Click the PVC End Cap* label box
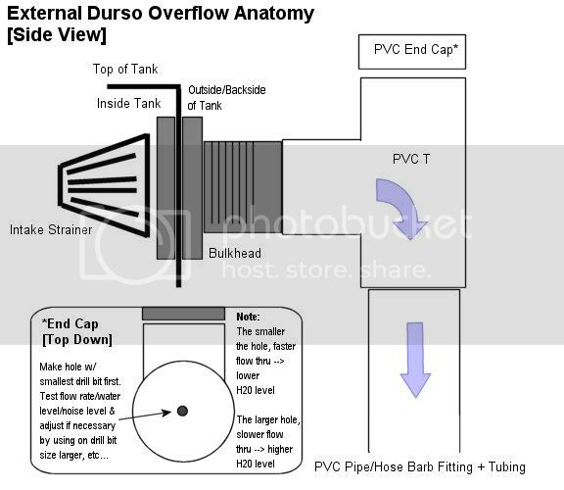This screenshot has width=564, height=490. click(x=412, y=52)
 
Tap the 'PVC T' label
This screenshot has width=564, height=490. click(x=411, y=159)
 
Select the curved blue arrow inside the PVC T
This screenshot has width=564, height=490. click(x=399, y=204)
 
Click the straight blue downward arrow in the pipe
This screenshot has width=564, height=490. click(x=415, y=360)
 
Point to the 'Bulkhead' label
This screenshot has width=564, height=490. click(x=235, y=253)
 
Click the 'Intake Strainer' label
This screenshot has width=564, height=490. click(x=51, y=229)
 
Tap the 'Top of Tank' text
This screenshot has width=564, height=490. click(x=125, y=69)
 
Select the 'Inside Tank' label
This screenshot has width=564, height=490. click(x=128, y=103)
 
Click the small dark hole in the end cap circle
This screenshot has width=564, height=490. click(x=182, y=411)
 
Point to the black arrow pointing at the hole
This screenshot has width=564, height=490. click(x=145, y=416)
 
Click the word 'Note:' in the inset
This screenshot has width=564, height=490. click(x=248, y=317)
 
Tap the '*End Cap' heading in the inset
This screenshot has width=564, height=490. click(x=70, y=323)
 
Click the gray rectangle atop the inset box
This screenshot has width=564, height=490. click(x=183, y=314)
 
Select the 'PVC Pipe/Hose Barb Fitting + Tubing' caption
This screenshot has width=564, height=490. click(x=420, y=466)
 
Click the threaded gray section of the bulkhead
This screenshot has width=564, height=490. click(x=243, y=187)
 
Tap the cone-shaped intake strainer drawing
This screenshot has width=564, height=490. click(x=105, y=185)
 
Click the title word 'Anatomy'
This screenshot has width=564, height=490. click(x=274, y=14)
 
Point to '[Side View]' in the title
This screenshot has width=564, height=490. click(x=57, y=35)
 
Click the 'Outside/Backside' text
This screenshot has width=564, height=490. click(x=227, y=90)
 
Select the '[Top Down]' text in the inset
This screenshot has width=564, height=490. click(x=77, y=340)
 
